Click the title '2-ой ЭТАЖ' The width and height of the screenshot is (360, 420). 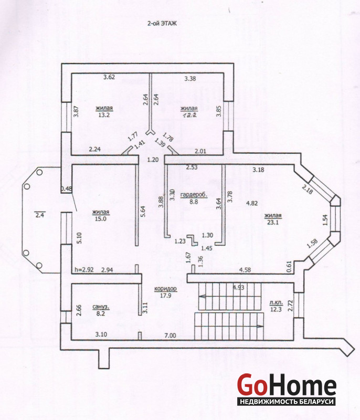(x=162, y=24)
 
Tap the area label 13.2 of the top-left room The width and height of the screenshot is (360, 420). (x=104, y=115)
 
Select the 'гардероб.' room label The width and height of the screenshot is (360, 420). (x=194, y=195)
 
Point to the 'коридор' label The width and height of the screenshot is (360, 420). (x=166, y=289)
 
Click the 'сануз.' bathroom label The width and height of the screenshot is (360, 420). (x=101, y=307)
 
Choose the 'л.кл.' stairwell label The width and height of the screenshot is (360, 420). (x=276, y=303)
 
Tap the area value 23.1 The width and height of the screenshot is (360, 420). (x=273, y=222)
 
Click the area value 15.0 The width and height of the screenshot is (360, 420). (x=101, y=218)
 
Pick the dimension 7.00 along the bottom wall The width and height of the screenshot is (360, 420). (x=170, y=335)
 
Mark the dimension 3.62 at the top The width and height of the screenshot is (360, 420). (x=109, y=77)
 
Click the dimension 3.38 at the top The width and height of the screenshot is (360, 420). (x=190, y=78)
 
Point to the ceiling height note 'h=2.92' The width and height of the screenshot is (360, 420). (x=84, y=270)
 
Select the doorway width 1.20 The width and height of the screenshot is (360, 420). (x=153, y=160)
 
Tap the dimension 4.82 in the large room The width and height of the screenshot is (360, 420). (x=252, y=203)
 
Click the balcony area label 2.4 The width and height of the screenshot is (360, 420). (x=39, y=215)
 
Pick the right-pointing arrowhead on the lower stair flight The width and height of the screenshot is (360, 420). (x=259, y=326)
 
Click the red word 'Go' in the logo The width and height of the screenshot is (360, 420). (x=252, y=385)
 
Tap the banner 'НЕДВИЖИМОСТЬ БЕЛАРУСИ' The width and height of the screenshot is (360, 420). (x=287, y=402)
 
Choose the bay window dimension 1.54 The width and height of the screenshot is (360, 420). (x=325, y=220)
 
